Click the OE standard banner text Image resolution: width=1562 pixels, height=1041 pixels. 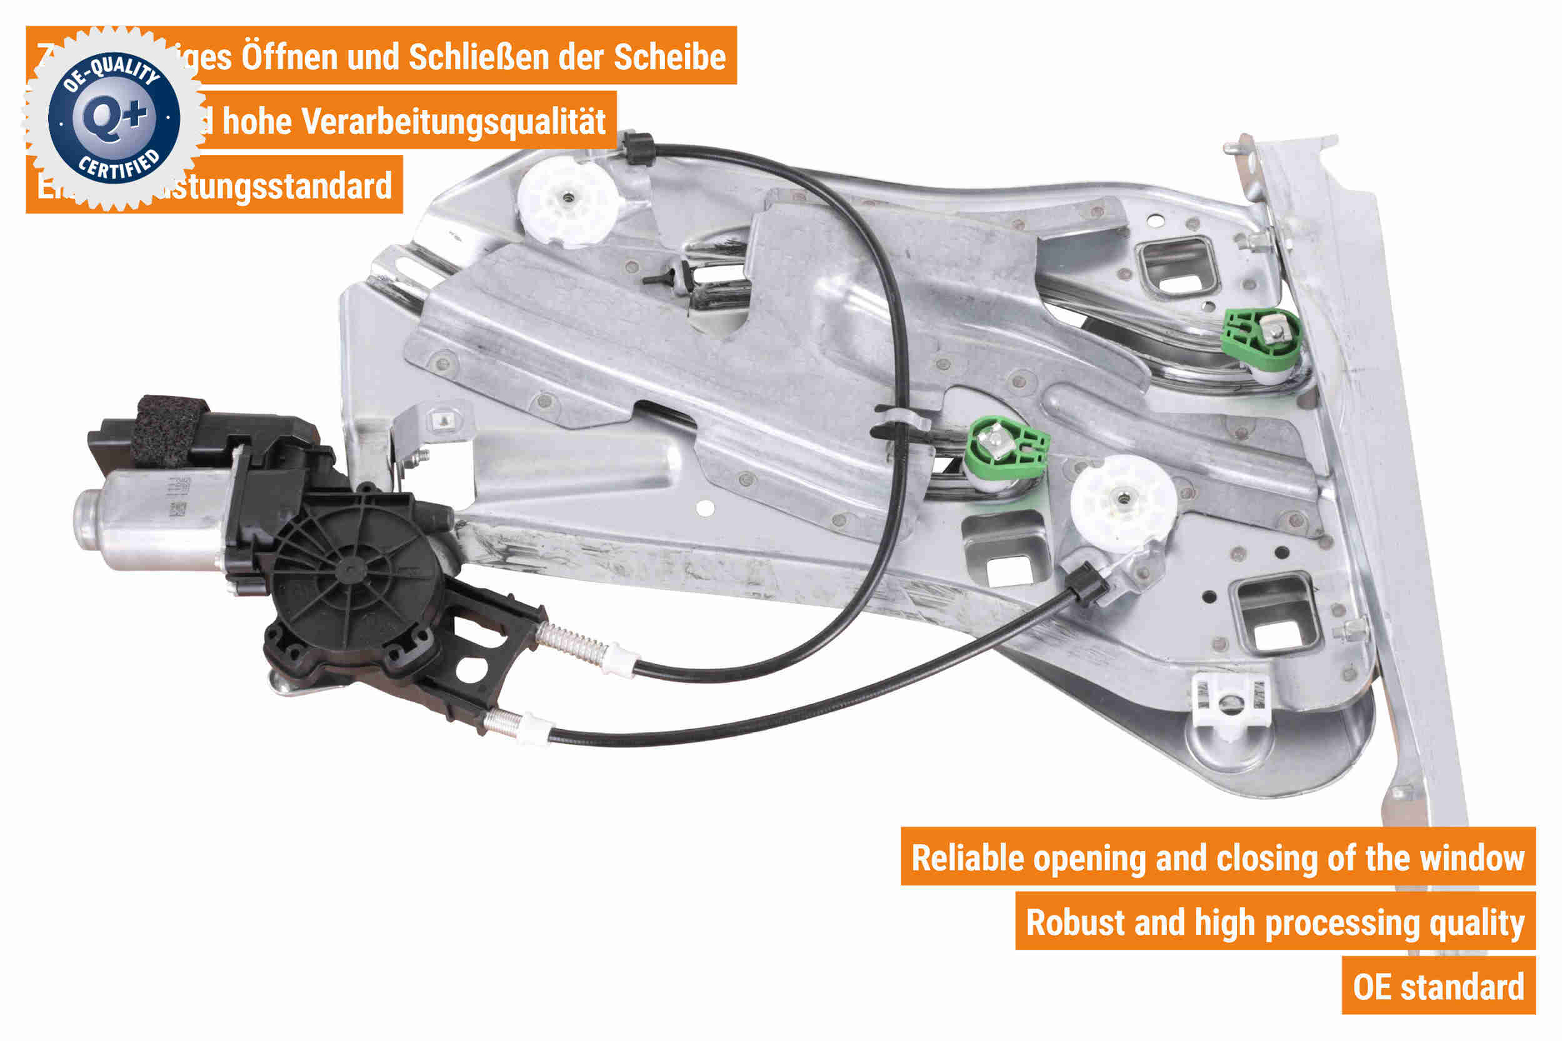coord(1438,987)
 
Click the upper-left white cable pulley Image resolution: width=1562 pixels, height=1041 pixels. coord(567,200)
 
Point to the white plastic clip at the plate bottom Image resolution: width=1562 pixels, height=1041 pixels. coord(1231,703)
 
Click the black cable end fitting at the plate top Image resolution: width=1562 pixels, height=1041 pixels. coord(639,148)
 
